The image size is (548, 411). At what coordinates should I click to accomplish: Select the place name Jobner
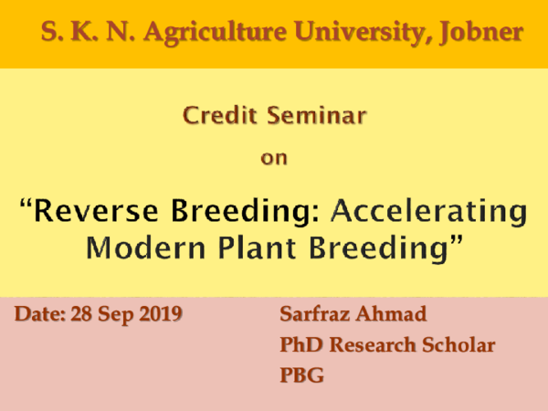480,33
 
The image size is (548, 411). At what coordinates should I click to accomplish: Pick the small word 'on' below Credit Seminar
274,157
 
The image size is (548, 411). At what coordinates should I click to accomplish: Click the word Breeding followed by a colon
248,213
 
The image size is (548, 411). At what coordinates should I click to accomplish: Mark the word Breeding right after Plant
382,247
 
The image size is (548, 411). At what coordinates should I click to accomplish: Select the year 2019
161,316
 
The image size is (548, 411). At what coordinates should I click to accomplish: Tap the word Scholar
456,346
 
